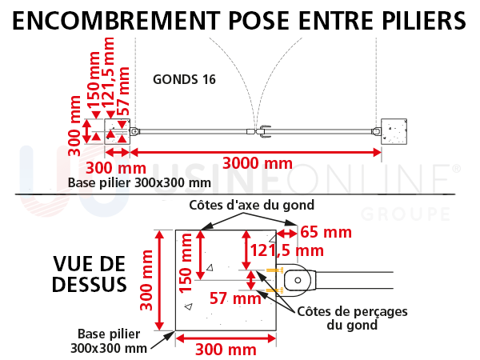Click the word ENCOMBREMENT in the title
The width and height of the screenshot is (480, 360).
116,21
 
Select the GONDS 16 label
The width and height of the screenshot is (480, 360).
184,79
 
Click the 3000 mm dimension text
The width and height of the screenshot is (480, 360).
258,163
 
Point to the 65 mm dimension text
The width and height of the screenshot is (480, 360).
326,232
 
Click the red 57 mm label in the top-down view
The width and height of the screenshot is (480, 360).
235,298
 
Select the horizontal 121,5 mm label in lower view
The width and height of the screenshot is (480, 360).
287,250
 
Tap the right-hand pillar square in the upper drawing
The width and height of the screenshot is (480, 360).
394,132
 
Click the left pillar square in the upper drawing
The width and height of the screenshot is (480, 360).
118,132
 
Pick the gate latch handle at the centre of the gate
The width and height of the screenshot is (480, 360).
264,132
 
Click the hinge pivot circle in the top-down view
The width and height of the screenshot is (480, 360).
298,280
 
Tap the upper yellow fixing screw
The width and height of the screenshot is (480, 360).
274,270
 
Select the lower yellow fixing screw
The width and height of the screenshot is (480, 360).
274,290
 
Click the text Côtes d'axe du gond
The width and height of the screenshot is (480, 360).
252,205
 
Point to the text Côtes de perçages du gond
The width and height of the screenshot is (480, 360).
352,318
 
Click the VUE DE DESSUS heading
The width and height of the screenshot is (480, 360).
90,274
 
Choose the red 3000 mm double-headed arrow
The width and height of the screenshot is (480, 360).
256,152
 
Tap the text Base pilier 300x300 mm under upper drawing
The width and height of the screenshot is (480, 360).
139,182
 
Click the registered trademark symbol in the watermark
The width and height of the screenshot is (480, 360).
456,168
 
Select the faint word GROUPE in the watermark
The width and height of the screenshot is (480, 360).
406,214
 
